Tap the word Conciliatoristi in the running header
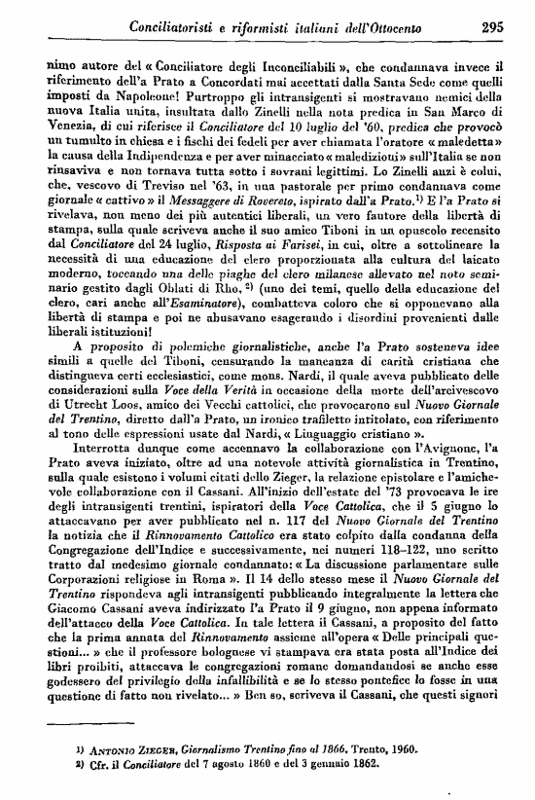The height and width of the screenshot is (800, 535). point(171,28)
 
